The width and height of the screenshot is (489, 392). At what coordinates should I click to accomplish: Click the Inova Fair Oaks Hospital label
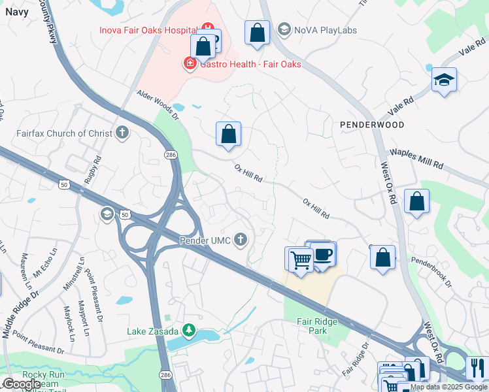point(148,30)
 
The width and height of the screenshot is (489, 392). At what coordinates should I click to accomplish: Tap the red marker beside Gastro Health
point(190,63)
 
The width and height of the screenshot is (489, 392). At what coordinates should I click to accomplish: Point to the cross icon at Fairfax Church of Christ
point(122,133)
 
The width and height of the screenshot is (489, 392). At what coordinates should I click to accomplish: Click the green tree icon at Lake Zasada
point(189,331)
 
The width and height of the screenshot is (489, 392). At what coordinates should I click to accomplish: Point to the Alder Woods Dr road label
point(157,105)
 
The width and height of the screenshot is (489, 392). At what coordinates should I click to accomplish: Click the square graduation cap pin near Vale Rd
point(444,80)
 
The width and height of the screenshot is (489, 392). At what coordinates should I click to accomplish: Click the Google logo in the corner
point(22,384)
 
